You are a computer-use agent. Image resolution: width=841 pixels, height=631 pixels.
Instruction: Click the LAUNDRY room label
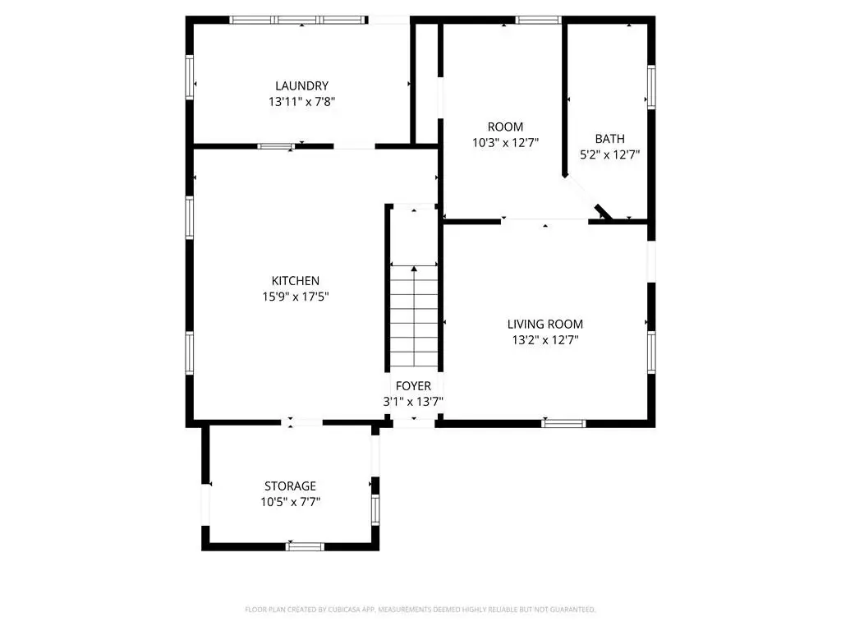click(x=301, y=85)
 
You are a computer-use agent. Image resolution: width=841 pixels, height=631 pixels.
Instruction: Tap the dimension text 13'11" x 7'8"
click(x=301, y=101)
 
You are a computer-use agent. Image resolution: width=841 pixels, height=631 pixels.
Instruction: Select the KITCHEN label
click(x=295, y=281)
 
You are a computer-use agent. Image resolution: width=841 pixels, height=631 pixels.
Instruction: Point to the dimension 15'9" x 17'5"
click(x=295, y=296)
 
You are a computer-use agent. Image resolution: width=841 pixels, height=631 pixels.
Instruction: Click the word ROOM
click(x=505, y=127)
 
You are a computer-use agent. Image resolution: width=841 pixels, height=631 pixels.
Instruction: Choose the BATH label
click(x=610, y=139)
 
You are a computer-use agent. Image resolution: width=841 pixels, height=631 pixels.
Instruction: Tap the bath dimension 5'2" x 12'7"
click(x=610, y=154)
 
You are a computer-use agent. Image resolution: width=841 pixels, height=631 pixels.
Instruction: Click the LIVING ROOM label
click(x=545, y=324)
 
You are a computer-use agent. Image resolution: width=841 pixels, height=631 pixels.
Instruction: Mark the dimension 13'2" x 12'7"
click(x=545, y=339)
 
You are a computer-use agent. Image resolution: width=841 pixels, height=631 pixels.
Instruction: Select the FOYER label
click(x=413, y=386)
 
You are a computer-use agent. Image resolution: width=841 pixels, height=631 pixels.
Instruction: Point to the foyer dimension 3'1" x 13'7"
click(x=413, y=401)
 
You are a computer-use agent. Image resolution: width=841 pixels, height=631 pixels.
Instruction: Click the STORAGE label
click(x=290, y=486)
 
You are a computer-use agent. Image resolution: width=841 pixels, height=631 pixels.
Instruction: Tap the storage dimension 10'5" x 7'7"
click(x=290, y=502)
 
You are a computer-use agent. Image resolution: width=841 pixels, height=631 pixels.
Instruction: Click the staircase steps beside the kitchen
click(x=414, y=316)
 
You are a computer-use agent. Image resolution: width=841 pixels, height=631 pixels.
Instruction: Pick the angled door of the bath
click(x=603, y=211)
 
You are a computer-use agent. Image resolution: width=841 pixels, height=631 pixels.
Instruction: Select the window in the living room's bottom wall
click(x=563, y=423)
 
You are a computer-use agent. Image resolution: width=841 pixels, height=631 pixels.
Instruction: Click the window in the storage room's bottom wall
click(x=305, y=546)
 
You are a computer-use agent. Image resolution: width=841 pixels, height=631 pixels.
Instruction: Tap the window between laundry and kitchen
click(x=276, y=146)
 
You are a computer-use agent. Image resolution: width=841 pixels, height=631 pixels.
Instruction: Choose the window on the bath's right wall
click(x=651, y=87)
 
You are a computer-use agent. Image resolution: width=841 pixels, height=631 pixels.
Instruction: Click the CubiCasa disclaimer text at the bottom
click(x=420, y=610)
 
